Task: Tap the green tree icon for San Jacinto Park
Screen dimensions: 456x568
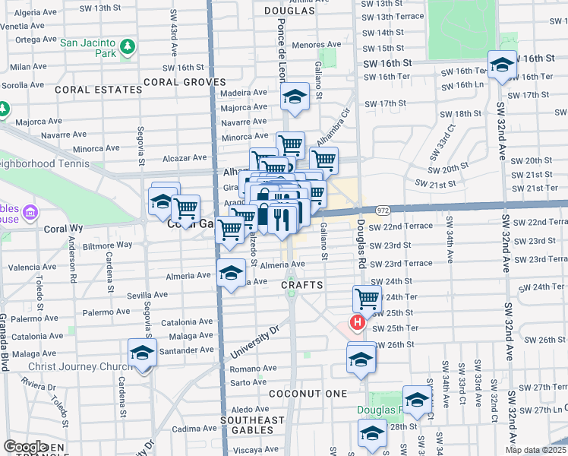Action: (x=128, y=48)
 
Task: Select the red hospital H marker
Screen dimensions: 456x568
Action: (x=357, y=323)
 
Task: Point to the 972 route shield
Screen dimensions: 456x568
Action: (x=382, y=210)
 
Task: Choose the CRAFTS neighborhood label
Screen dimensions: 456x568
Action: (x=302, y=285)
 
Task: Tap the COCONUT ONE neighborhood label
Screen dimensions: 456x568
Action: (x=308, y=394)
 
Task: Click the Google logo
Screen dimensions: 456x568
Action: (x=26, y=447)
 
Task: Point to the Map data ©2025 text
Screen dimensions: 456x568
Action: (x=536, y=450)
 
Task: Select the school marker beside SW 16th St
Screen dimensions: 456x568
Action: (x=502, y=65)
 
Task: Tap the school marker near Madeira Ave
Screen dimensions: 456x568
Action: (x=294, y=97)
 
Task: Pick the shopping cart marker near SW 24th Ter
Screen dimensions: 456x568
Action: (x=367, y=298)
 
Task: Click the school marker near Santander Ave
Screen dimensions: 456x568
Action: (x=142, y=352)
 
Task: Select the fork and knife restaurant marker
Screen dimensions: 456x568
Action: (x=282, y=219)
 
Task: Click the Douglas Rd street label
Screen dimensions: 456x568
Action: (x=361, y=243)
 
